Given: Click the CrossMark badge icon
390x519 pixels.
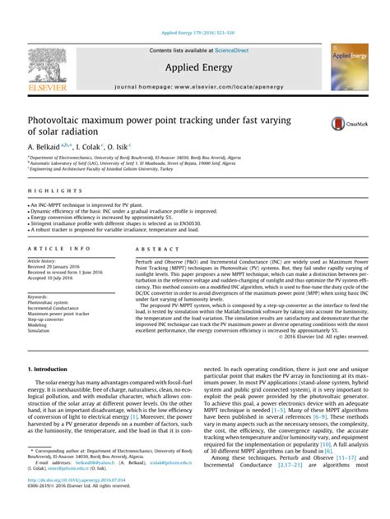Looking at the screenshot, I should (x=341, y=124).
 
